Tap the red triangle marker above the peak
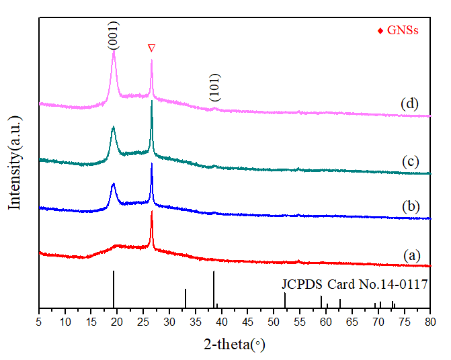tap(152, 48)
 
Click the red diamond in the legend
tap(381, 31)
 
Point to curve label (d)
tap(409, 104)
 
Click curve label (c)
tap(411, 162)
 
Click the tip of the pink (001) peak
tap(114, 51)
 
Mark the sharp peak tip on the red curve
tap(152, 212)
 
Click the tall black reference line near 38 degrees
tap(214, 289)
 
